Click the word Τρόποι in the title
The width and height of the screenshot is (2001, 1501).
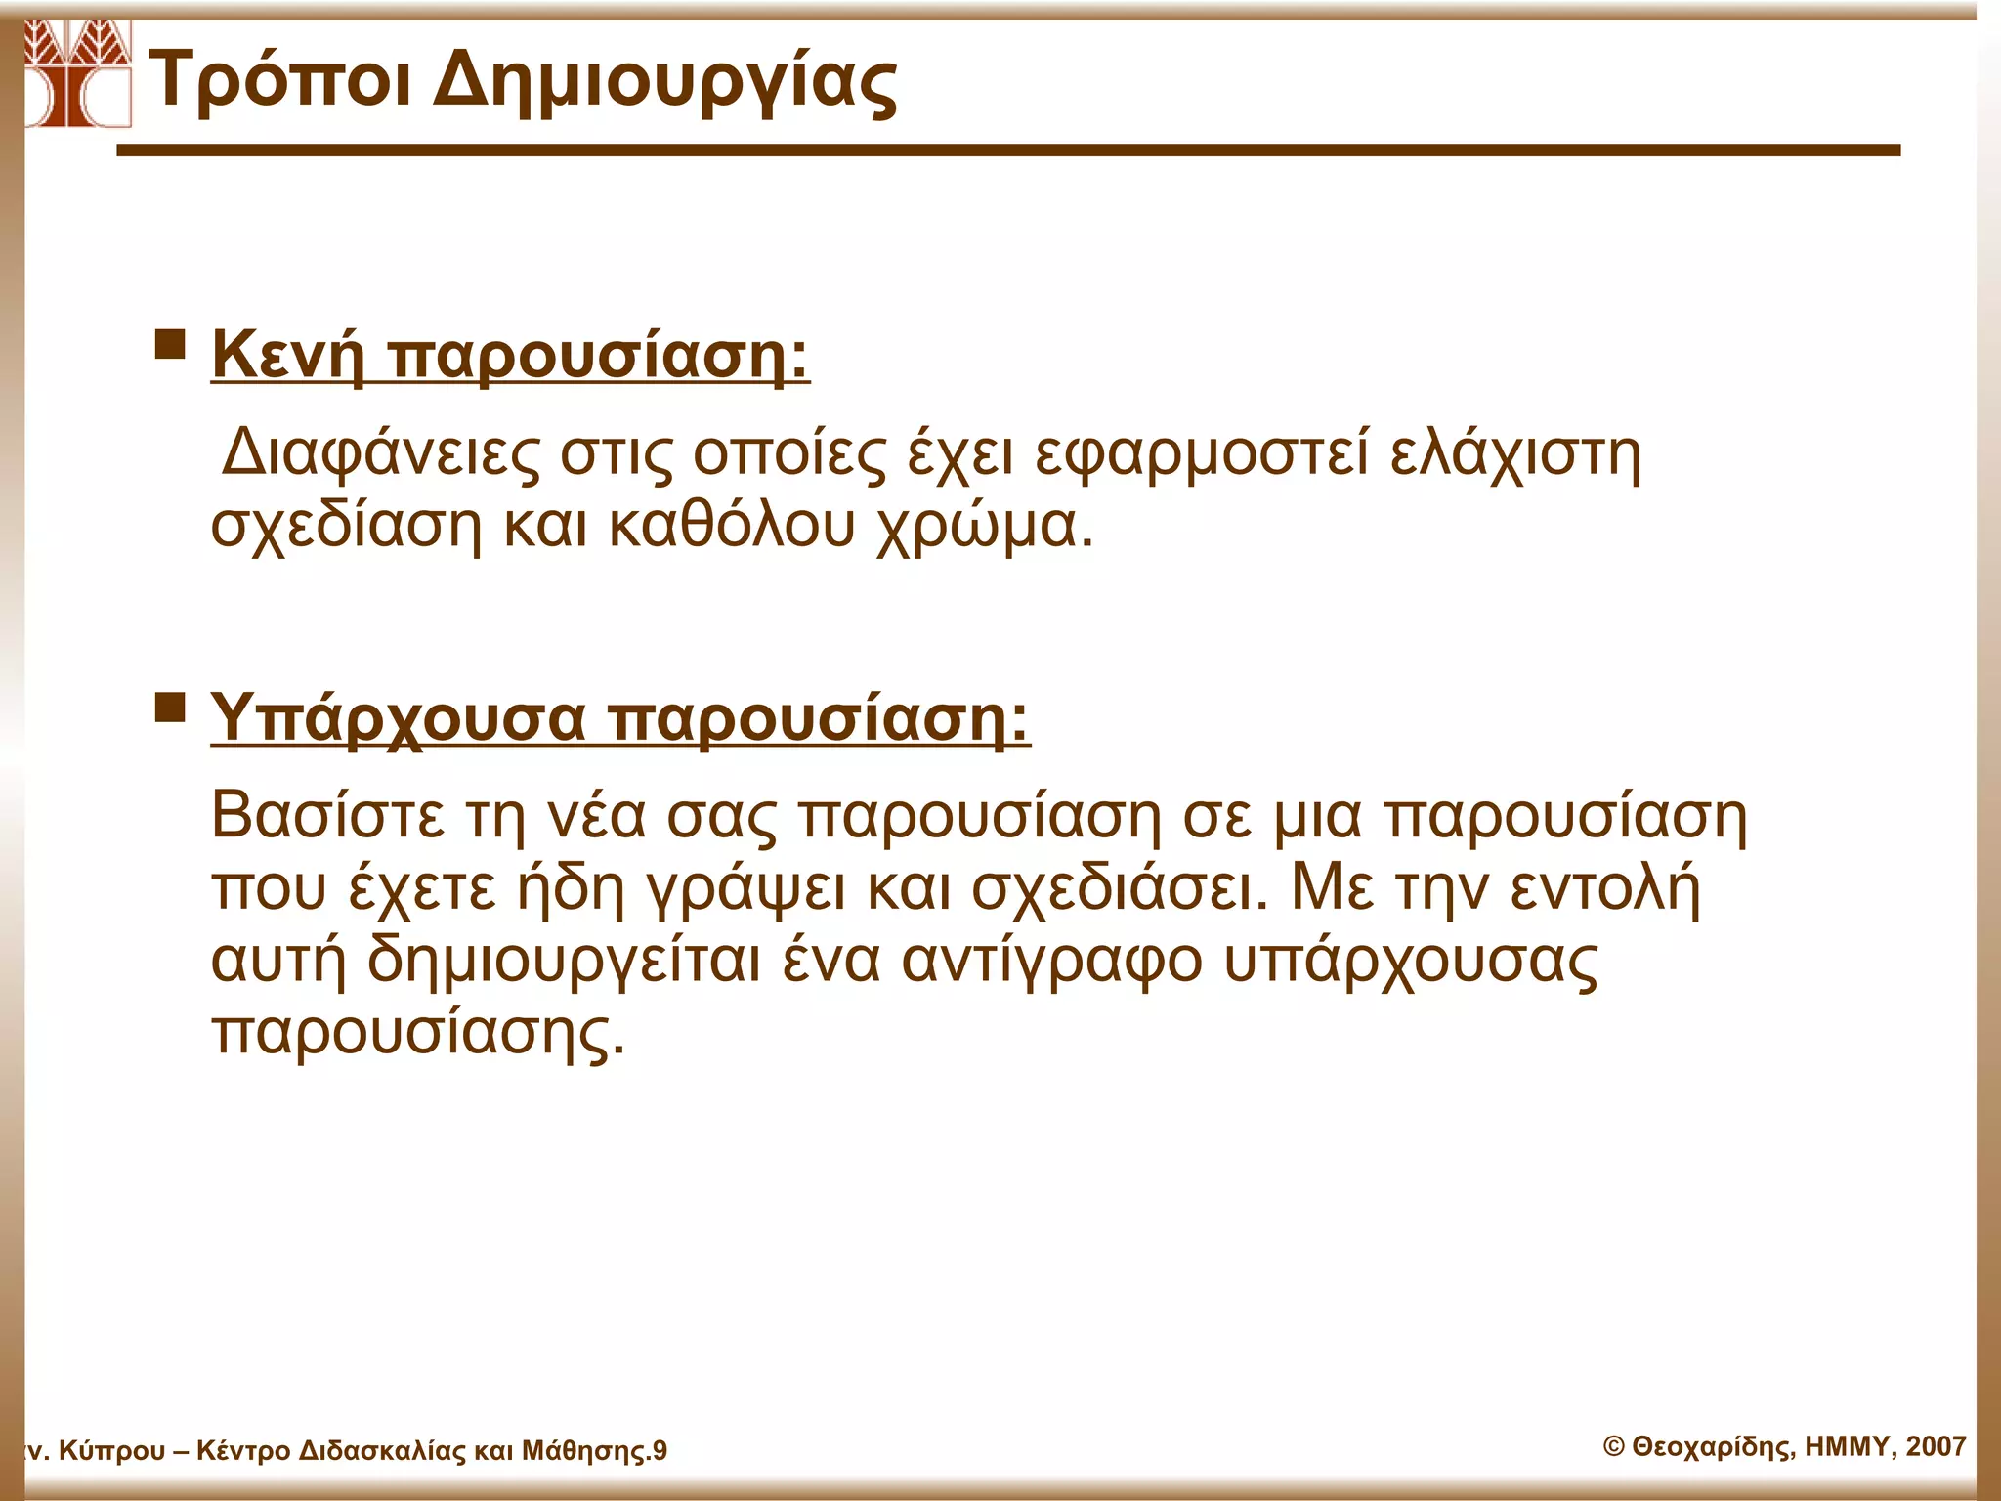point(279,81)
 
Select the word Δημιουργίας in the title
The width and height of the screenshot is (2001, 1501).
point(664,83)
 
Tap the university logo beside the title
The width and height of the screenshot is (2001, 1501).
point(77,73)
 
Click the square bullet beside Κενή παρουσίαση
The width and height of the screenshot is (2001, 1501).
point(170,345)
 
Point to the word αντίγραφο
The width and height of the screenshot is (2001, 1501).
point(1051,962)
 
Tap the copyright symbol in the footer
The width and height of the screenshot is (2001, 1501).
point(1614,1447)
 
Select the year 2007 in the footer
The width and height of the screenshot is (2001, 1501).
point(1936,1446)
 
